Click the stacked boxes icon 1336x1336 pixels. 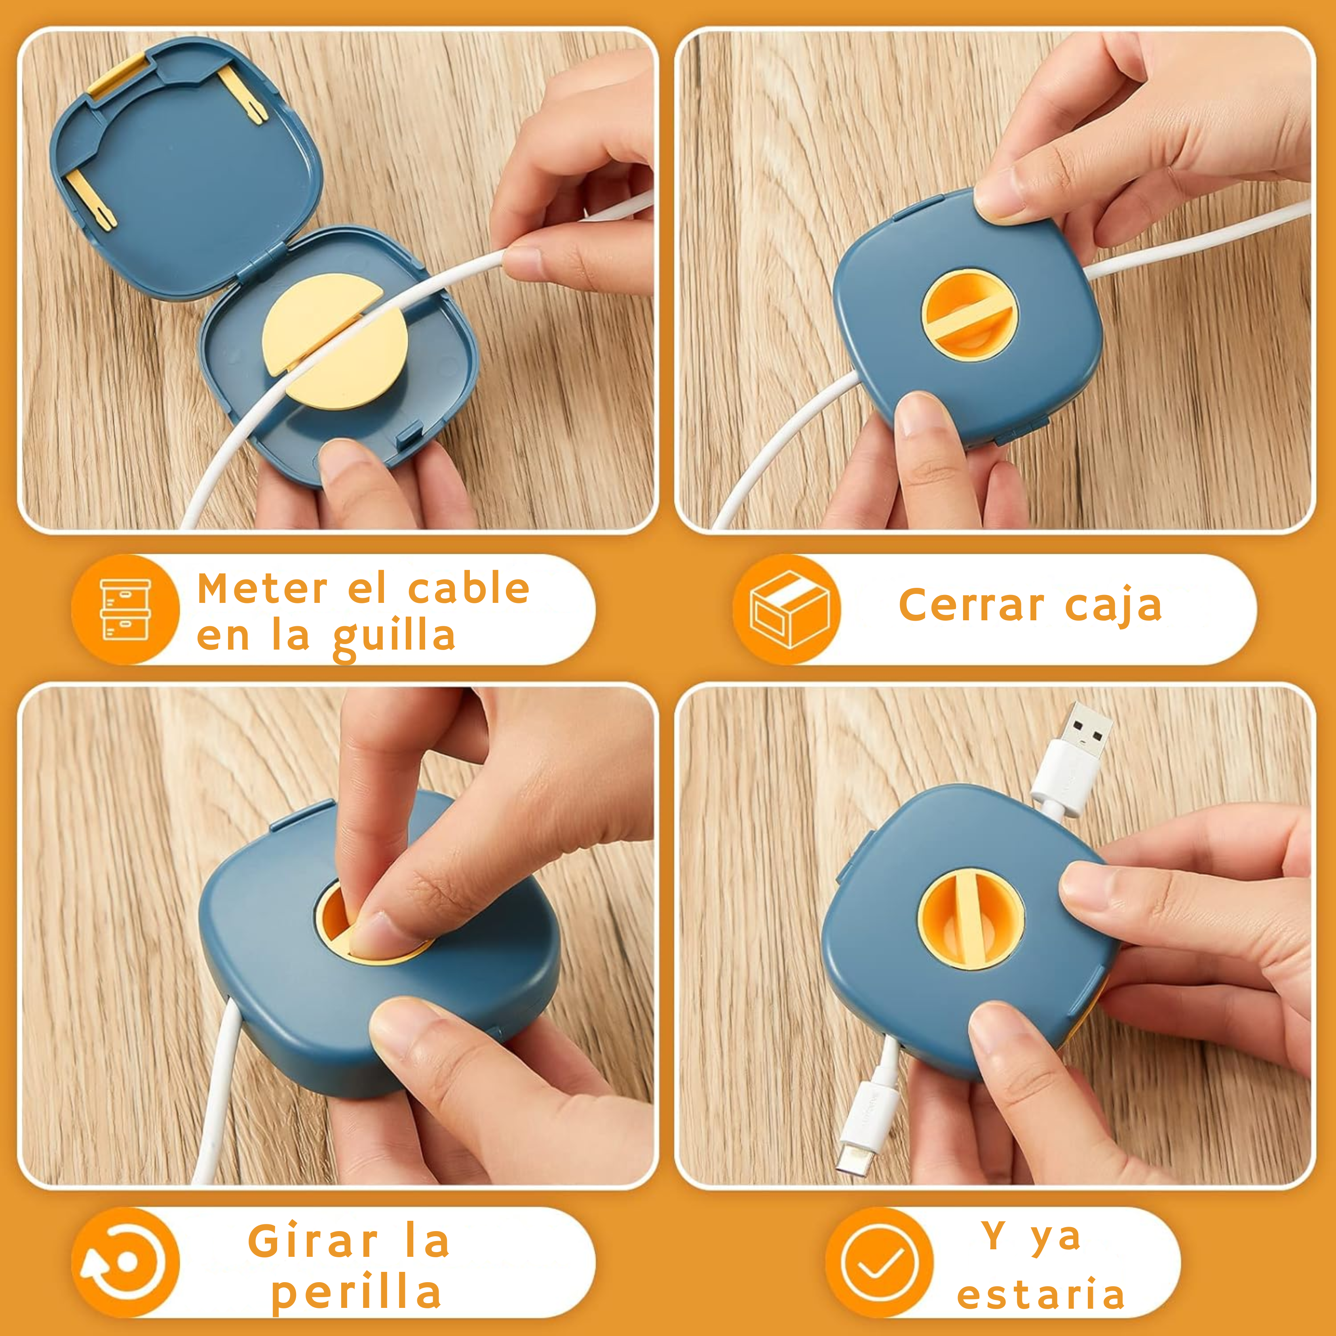click(125, 609)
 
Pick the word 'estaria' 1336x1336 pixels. click(1041, 1294)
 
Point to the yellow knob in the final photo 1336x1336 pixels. click(971, 918)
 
